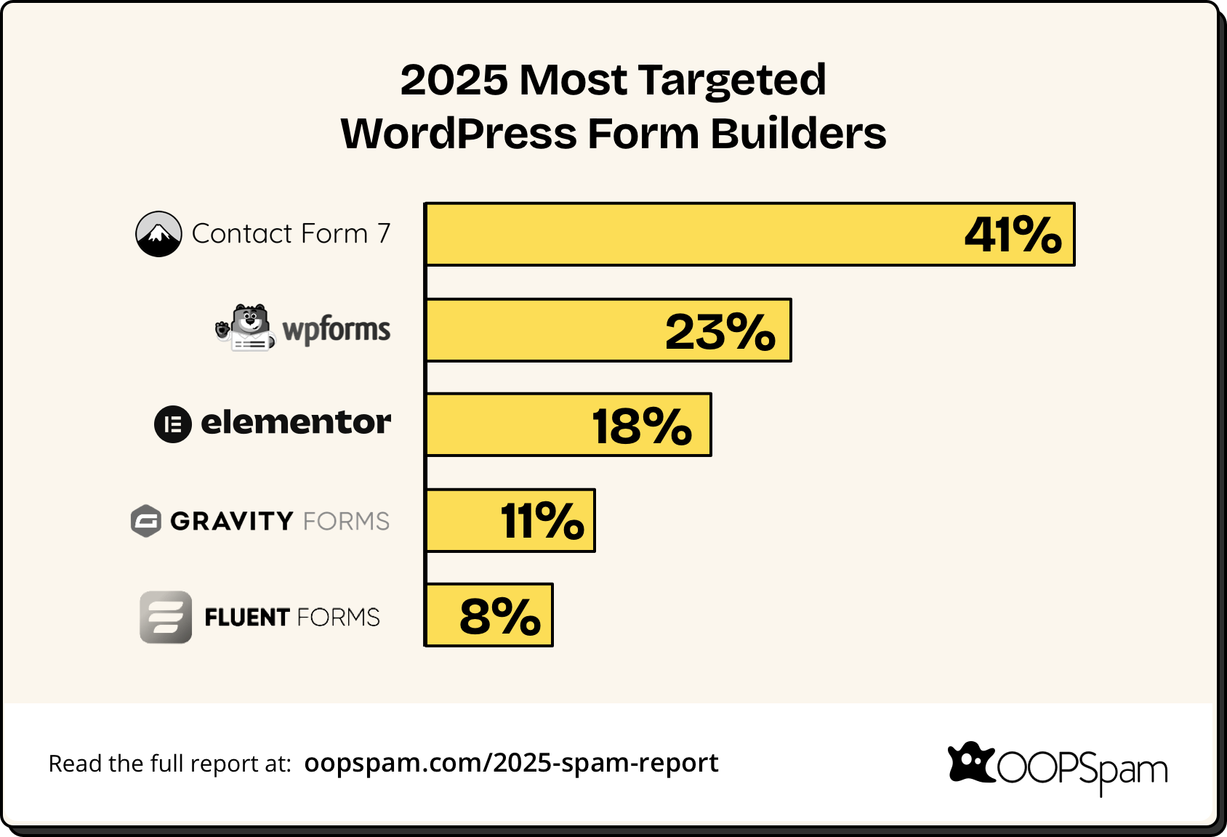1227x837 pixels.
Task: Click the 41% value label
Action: click(1013, 235)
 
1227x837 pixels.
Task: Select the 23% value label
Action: click(720, 331)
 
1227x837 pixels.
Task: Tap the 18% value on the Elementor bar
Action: click(641, 426)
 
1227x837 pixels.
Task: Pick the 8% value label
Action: click(499, 616)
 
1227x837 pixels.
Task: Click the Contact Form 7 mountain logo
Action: click(158, 234)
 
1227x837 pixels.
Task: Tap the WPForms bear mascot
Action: click(247, 328)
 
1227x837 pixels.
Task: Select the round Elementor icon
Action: click(173, 424)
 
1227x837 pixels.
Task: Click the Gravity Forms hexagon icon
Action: click(146, 521)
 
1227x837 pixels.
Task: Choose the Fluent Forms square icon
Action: click(166, 617)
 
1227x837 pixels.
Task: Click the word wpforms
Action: click(336, 330)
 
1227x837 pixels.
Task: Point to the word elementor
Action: click(295, 422)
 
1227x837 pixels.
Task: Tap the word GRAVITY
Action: click(232, 521)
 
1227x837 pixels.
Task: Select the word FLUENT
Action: click(247, 618)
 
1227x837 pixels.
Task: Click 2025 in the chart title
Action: click(454, 79)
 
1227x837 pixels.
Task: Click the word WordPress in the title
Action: click(458, 134)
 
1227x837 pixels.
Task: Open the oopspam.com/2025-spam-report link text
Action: click(511, 763)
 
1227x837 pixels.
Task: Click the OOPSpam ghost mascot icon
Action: click(970, 763)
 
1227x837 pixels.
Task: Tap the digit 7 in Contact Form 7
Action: click(384, 234)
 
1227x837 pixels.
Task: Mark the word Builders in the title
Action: click(798, 134)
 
